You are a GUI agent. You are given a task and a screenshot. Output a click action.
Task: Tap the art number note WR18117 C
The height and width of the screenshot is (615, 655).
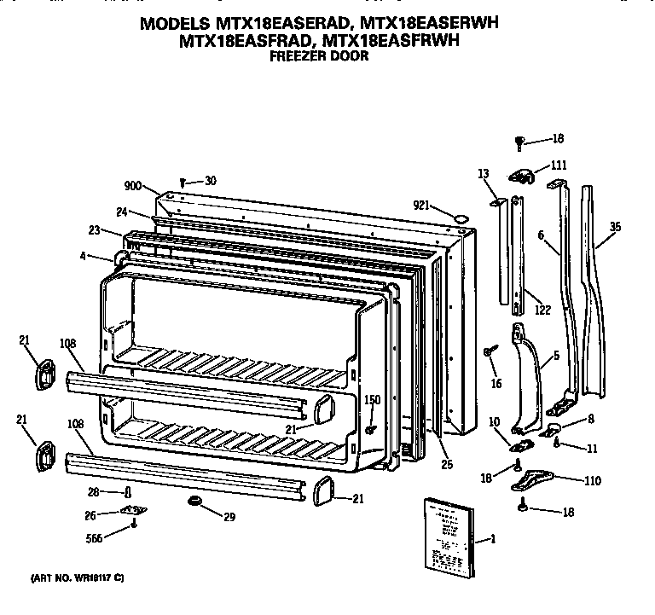pos(78,578)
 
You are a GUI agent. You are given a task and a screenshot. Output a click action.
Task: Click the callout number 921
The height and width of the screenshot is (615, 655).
pos(422,206)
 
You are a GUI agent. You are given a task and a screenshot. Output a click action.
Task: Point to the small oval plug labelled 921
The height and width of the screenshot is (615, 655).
pos(461,218)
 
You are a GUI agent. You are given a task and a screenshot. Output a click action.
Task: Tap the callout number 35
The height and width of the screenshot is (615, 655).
pos(616,227)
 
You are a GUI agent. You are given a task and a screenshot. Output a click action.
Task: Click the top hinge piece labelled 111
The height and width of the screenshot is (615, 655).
pos(520,176)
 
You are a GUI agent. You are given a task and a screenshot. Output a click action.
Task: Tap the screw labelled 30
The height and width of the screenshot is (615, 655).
pos(184,181)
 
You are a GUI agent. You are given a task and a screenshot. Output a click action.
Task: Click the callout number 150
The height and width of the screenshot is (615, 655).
pos(372,400)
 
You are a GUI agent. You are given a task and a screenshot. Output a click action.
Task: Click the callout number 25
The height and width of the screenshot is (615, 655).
pos(448,465)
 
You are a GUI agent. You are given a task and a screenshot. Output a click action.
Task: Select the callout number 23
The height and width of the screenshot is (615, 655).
pos(94,230)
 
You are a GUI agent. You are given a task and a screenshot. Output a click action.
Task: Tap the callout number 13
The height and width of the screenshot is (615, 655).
pos(484,174)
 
